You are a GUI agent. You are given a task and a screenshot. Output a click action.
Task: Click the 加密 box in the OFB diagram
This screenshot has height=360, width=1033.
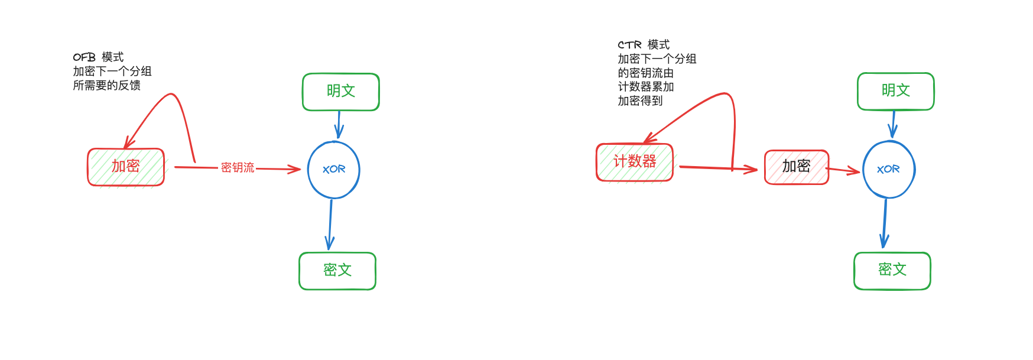click(126, 167)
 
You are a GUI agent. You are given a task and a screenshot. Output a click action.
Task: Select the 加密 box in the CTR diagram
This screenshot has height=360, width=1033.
click(797, 167)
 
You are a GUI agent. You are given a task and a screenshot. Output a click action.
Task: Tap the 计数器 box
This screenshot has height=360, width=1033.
click(635, 162)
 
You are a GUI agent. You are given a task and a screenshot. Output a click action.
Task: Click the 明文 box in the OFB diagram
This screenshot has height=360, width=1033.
click(341, 92)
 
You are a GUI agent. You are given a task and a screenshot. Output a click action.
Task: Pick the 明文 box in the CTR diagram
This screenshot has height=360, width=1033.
click(896, 91)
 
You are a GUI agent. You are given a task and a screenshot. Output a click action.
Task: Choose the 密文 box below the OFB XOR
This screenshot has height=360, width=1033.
click(337, 271)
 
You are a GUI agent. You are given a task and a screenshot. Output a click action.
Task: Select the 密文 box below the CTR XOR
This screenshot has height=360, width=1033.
click(892, 270)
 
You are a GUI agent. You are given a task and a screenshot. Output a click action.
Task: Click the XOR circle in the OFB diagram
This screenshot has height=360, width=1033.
click(334, 170)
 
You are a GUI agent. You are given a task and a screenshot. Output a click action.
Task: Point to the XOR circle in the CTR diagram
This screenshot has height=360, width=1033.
click(889, 170)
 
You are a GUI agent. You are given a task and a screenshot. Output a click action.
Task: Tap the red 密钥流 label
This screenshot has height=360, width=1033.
click(238, 168)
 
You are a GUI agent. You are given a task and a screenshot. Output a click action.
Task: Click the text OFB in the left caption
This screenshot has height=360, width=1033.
click(84, 57)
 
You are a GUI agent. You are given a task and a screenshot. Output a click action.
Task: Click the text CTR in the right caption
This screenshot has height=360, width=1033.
click(629, 45)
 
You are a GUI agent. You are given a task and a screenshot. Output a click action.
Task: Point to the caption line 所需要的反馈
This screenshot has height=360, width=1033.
click(107, 86)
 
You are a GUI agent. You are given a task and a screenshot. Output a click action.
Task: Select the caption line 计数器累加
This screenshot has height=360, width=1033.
click(646, 87)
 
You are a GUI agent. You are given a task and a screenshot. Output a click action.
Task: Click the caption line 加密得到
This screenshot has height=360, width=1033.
click(640, 101)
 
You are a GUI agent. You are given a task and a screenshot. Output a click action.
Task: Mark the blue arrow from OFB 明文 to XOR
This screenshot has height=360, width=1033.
click(339, 125)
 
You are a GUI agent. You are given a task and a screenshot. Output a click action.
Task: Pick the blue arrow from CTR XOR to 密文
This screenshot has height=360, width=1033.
click(885, 223)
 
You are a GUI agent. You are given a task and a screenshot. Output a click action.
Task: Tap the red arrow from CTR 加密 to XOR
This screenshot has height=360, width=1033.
click(843, 171)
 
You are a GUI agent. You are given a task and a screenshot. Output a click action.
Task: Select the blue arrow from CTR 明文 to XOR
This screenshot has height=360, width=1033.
click(893, 124)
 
